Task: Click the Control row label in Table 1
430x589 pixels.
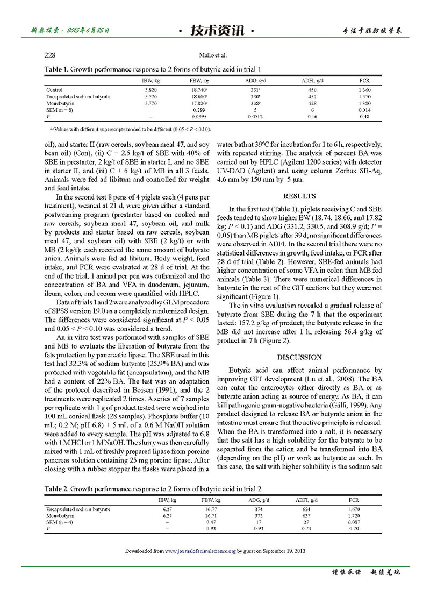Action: [x=55, y=89]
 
